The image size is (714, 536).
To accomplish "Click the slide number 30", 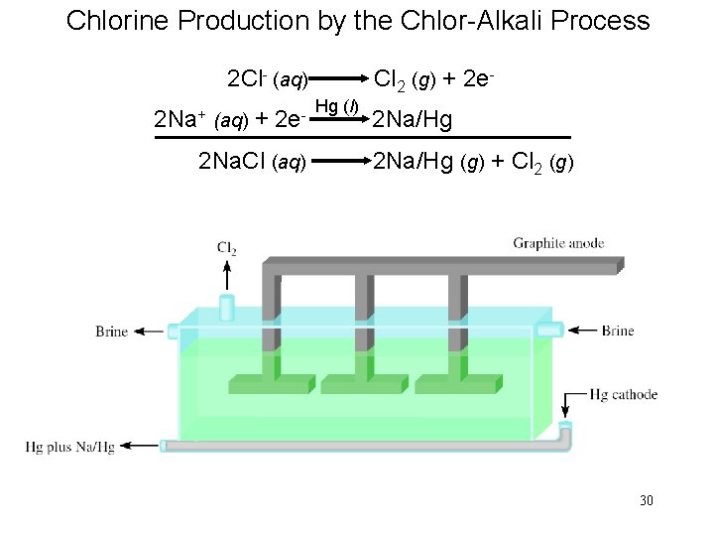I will pos(646,500).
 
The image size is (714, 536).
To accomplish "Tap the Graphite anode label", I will pos(558,243).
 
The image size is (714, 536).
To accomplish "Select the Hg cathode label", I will pos(623,394).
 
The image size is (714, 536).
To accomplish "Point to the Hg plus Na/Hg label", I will pos(69,448).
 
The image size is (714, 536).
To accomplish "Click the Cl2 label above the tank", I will pos(227,247).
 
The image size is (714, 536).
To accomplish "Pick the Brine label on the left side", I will pos(112,332).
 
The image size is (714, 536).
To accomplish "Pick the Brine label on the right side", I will pos(618,331).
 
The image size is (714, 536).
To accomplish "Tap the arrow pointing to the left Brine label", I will pos(149,332).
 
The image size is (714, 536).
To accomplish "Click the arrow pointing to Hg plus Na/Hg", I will pos(140,447).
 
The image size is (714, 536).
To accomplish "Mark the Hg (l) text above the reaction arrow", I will pos(336,106).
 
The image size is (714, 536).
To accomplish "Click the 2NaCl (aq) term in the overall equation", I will pos(252,161).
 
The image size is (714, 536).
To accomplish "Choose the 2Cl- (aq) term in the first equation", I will pos(268,78).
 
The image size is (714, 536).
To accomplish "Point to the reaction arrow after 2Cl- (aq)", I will pos(337,76).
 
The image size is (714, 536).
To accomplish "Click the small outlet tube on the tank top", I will pos(227,307).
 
